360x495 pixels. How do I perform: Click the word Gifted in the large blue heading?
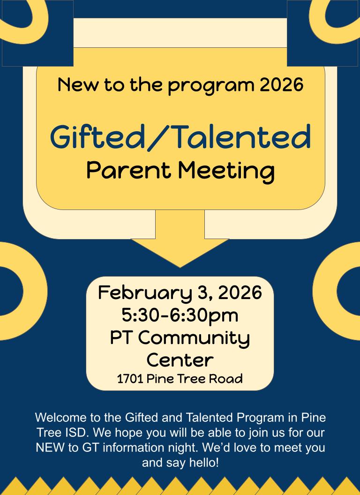pos(97,137)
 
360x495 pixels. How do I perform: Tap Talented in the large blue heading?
pos(242,136)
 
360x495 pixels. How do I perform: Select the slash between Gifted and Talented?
pos(159,137)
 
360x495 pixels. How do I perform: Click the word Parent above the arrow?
pos(129,170)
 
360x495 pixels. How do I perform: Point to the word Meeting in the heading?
pos(226,172)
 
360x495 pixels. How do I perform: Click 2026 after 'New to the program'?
pos(281,85)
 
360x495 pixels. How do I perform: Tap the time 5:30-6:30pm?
pos(180,315)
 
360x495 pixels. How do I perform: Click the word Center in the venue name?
pos(180,360)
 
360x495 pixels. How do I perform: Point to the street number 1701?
pos(130,379)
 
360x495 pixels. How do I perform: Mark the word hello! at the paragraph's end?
pos(204,463)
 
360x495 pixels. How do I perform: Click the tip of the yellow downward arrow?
pos(180,267)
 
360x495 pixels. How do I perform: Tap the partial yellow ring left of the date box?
pos(35,291)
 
